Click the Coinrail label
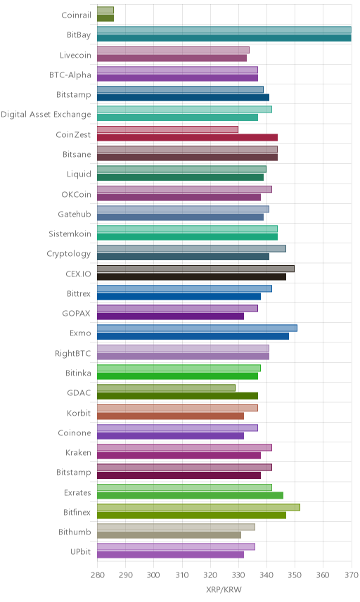[x=77, y=15]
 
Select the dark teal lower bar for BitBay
[x=224, y=38]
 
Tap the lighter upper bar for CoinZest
[x=168, y=129]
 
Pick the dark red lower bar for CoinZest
[x=187, y=137]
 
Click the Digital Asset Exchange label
[x=46, y=115]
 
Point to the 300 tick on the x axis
[x=153, y=575]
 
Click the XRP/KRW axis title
[x=224, y=590]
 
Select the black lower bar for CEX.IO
[x=191, y=277]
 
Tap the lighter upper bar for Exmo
[x=198, y=328]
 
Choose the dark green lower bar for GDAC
[x=177, y=396]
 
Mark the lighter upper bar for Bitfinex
[x=198, y=507]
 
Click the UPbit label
[x=81, y=551]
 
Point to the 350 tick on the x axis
[x=295, y=575]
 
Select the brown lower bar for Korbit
[x=170, y=416]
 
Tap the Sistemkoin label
[x=70, y=233]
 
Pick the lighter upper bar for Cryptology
[x=191, y=248]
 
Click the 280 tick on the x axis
[x=97, y=575]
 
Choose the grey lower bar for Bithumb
[x=169, y=534]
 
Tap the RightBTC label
[x=73, y=353]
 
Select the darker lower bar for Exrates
[x=190, y=495]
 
